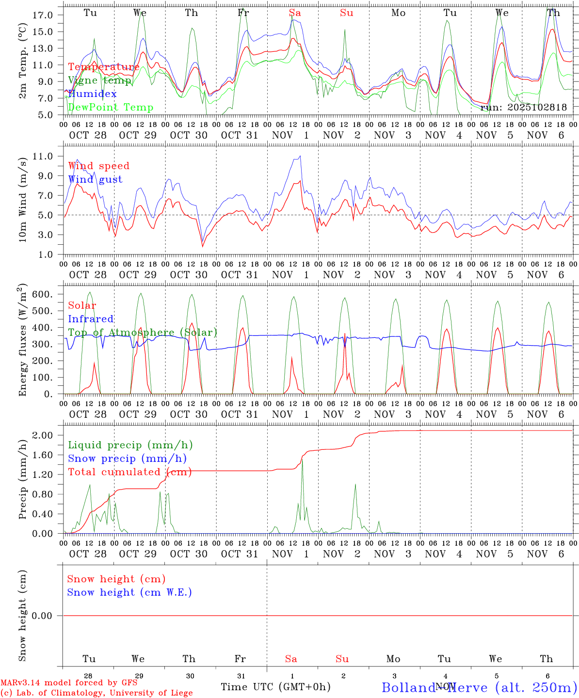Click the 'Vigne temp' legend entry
point(99,80)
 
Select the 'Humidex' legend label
point(92,94)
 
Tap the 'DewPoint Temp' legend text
point(111,108)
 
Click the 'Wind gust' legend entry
point(95,179)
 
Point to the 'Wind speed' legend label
point(99,166)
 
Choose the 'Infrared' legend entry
point(91,319)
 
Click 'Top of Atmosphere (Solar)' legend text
point(143,333)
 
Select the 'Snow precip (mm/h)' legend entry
point(127,459)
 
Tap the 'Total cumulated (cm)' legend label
point(129,472)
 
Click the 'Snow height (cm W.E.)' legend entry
point(129,592)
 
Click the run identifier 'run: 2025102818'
point(524,108)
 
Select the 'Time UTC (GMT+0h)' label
point(275,687)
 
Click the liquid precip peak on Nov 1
point(302,461)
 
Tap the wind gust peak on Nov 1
point(300,156)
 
